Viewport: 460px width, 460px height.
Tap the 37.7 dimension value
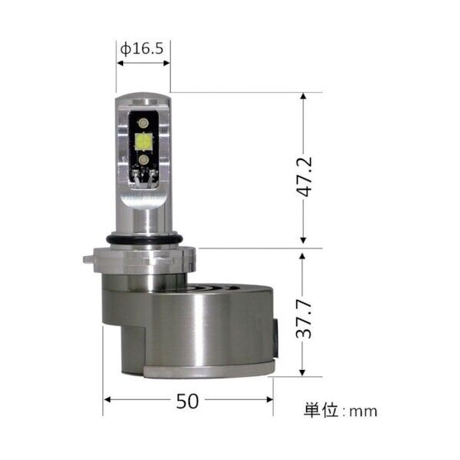tap(307, 314)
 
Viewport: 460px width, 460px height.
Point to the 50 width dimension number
tap(188, 400)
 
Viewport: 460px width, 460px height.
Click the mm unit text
tap(363, 411)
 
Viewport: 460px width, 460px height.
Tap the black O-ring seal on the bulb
tap(143, 238)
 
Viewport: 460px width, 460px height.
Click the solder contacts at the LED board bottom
tap(143, 178)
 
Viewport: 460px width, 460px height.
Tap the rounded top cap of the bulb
tap(143, 103)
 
